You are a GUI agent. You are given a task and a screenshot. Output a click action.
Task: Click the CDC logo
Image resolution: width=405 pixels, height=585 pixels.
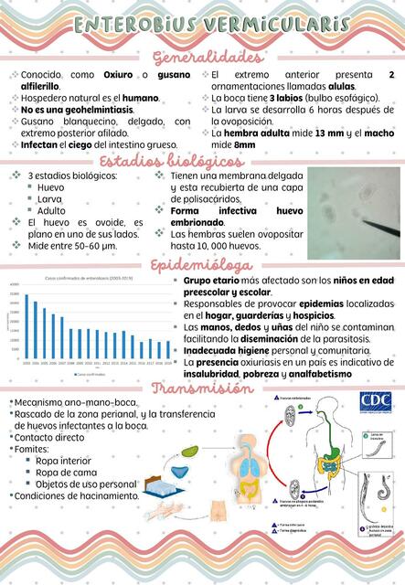point(375,403)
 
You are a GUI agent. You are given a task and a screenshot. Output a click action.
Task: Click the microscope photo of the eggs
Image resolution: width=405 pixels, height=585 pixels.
point(354,212)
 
